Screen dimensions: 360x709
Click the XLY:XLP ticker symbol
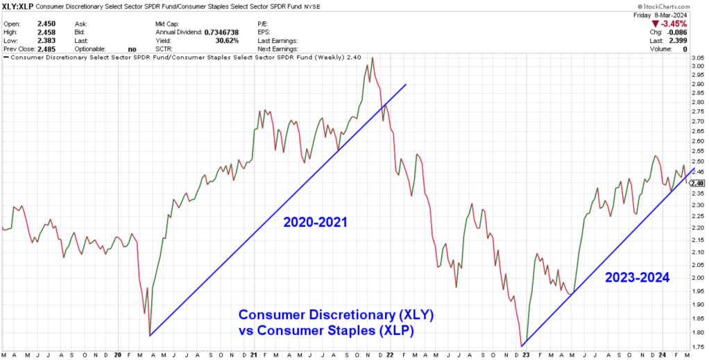coord(16,6)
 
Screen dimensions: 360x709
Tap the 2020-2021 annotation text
coord(314,223)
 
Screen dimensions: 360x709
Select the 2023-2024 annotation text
coord(636,277)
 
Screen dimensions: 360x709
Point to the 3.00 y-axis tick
coord(697,67)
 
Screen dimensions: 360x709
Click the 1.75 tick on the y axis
coord(697,346)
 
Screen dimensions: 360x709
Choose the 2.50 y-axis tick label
coord(697,160)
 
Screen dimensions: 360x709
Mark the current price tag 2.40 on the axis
coord(697,182)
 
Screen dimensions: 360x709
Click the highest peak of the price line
coord(373,58)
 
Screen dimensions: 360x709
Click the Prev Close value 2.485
coord(44,49)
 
